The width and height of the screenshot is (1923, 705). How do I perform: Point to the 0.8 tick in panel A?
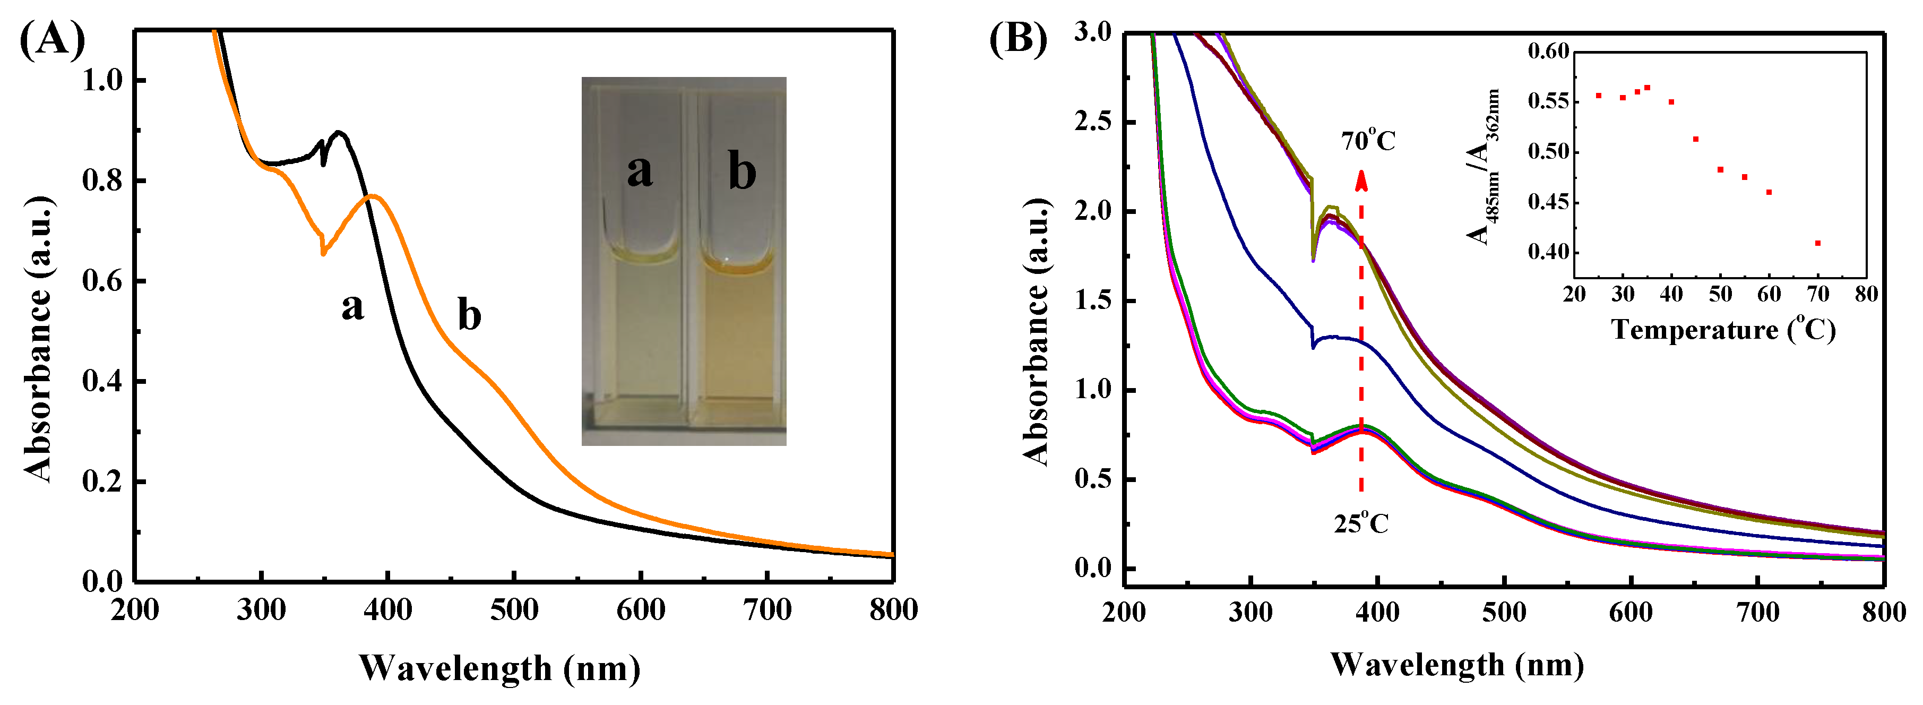(x=102, y=180)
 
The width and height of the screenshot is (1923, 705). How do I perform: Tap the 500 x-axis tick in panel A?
(x=514, y=610)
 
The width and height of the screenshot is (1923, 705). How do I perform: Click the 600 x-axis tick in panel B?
(x=1631, y=613)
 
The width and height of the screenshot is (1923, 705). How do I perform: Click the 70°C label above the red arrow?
(x=1368, y=140)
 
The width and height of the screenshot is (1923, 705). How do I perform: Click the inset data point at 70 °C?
(x=1818, y=243)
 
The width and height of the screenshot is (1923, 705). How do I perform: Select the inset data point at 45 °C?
(x=1696, y=139)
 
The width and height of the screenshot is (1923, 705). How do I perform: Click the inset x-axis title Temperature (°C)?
(x=1723, y=329)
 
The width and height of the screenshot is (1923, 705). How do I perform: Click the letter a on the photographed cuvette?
(x=639, y=171)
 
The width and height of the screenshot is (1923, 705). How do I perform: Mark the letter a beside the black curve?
(x=352, y=306)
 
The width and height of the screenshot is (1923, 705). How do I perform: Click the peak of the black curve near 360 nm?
(x=340, y=132)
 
